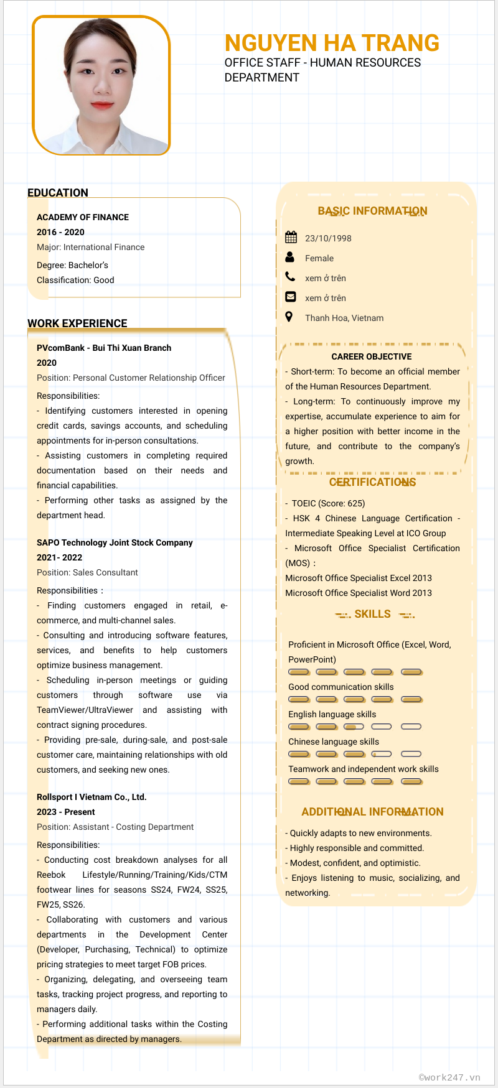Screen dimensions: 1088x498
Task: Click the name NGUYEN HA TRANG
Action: coord(332,43)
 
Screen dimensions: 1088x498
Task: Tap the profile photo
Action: coord(101,85)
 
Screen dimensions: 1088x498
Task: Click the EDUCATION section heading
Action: coord(58,193)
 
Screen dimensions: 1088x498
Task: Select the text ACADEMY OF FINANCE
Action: coord(83,217)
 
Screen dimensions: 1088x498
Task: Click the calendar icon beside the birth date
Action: coord(291,237)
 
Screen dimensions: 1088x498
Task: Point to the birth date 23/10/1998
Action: coord(328,238)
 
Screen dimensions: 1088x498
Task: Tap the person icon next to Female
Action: coord(290,257)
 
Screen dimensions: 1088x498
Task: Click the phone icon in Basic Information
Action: coord(290,277)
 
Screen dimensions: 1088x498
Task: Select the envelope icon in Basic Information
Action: coord(290,297)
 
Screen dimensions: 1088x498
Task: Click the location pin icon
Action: coord(289,317)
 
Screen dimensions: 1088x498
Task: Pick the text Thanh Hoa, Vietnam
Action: coord(344,318)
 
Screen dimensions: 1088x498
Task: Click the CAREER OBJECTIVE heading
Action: coord(372,356)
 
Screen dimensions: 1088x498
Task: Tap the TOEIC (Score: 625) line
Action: coord(328,503)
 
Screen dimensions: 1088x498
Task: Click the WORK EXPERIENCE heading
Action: coord(77,323)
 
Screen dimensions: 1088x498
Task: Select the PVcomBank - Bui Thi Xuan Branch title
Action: coord(104,348)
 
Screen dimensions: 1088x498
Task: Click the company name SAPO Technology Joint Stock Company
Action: coord(115,542)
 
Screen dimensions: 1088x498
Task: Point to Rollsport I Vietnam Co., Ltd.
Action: coord(92,797)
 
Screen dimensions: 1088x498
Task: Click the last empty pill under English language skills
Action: coord(411,727)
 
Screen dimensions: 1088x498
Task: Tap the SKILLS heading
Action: coord(372,614)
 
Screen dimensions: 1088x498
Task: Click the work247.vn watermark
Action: coord(449,1077)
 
